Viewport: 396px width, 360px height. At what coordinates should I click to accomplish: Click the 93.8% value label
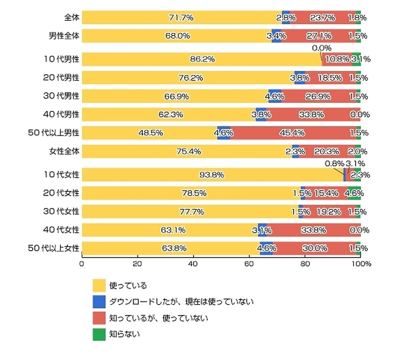[212, 174]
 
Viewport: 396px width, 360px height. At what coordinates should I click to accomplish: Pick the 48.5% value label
[149, 133]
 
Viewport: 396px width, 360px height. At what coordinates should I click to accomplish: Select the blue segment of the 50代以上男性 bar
[224, 133]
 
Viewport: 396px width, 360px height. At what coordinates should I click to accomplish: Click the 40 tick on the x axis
[194, 264]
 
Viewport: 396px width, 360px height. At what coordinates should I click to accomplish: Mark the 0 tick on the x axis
[82, 264]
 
